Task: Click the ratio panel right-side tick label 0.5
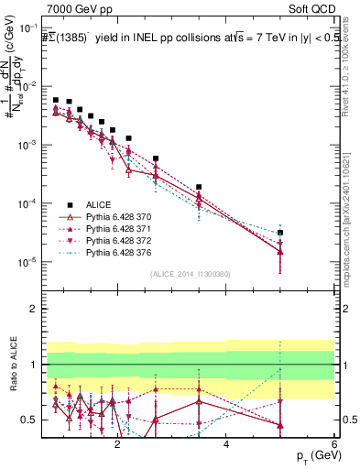click(x=348, y=420)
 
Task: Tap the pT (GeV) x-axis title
click(x=311, y=455)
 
